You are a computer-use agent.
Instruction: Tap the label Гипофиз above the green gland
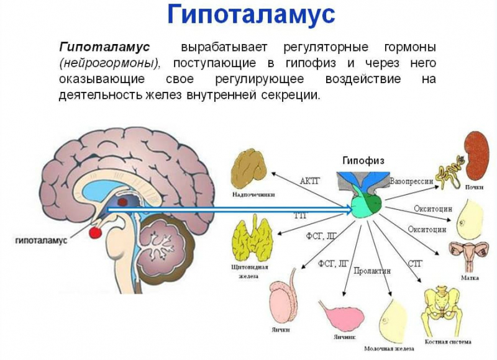pyautogui.click(x=363, y=160)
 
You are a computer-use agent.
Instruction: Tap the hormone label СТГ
pyautogui.click(x=415, y=263)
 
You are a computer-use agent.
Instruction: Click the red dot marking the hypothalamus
pyautogui.click(x=95, y=232)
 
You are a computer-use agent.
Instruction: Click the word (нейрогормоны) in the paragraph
pyautogui.click(x=111, y=63)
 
